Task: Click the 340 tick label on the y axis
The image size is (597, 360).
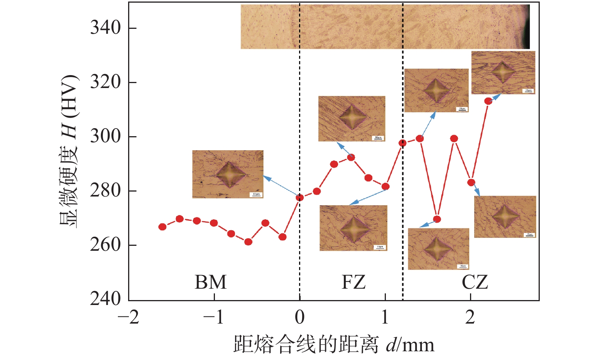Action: pos(105,28)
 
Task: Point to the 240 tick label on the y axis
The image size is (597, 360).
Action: pos(105,299)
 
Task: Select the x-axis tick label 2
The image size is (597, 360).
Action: pos(470,317)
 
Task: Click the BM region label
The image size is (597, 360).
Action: pos(210,282)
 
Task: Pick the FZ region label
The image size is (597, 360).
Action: pos(353,282)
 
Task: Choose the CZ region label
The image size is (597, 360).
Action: pos(475,282)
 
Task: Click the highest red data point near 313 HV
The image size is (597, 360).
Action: pos(488,101)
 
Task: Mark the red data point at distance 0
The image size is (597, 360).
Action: pos(299,198)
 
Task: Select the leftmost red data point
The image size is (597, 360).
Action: pos(162,227)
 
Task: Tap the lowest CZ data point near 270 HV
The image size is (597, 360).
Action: pos(437,219)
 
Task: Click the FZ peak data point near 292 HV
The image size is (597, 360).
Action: pos(351,157)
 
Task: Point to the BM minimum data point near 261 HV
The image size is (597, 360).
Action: pos(248,242)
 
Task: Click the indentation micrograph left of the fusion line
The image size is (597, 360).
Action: pos(227,174)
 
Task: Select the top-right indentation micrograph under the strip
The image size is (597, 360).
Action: pos(503,72)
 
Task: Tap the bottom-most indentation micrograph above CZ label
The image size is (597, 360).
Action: pos(438,249)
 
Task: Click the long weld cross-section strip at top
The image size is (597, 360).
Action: pos(385,27)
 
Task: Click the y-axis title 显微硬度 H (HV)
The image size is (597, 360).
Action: pos(69,152)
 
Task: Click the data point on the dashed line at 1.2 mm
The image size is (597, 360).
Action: pos(403,143)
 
